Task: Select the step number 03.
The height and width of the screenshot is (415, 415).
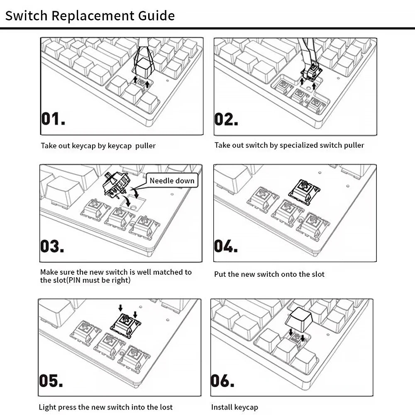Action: pyautogui.click(x=52, y=246)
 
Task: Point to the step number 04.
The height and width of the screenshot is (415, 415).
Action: pyautogui.click(x=226, y=246)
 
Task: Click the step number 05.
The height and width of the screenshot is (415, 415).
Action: pyautogui.click(x=51, y=380)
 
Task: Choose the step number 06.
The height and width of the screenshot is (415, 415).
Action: pyautogui.click(x=223, y=380)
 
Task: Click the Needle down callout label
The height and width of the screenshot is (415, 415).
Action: pyautogui.click(x=172, y=181)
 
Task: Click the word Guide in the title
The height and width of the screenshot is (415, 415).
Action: pyautogui.click(x=155, y=16)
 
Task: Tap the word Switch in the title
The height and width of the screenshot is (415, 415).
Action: pyautogui.click(x=26, y=16)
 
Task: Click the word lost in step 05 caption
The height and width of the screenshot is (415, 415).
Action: pyautogui.click(x=166, y=407)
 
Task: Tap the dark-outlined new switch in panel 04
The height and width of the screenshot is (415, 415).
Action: pyautogui.click(x=304, y=192)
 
